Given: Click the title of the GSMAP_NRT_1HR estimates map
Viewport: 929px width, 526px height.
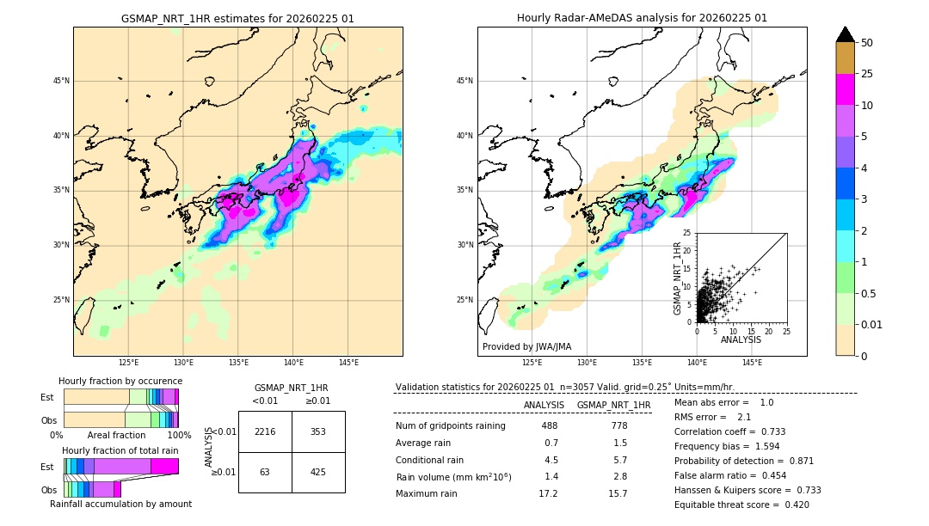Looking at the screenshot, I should point(237,18).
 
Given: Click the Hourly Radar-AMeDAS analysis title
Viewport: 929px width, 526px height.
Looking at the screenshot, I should point(642,18).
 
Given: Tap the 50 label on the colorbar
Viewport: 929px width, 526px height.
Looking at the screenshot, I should point(867,43).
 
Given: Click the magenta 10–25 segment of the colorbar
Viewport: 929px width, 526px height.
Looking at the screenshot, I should point(845,89).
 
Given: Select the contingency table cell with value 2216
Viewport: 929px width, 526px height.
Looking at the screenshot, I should point(265,431).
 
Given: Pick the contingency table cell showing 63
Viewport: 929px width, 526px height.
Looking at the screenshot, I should point(265,472).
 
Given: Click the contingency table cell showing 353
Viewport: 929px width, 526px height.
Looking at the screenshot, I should point(318,431).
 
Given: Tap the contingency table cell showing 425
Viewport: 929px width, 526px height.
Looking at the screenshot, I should point(318,472).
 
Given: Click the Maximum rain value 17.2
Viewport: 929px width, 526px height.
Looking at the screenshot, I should point(548,493).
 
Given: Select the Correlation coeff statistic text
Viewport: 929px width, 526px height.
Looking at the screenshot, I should point(729,431).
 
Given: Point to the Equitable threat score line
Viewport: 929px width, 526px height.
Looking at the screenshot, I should point(741,505).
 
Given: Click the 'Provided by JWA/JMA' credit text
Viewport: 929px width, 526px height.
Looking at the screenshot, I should point(526,346).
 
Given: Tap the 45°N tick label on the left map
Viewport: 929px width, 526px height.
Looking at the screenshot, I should point(60,81).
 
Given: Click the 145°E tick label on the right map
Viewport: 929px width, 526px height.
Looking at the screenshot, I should point(752,364).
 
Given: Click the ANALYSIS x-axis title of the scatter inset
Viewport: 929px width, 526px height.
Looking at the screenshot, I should point(741,339).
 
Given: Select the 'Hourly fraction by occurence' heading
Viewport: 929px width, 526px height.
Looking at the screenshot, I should point(120,381).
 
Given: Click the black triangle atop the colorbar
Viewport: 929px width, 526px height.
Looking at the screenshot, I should point(845,34).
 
